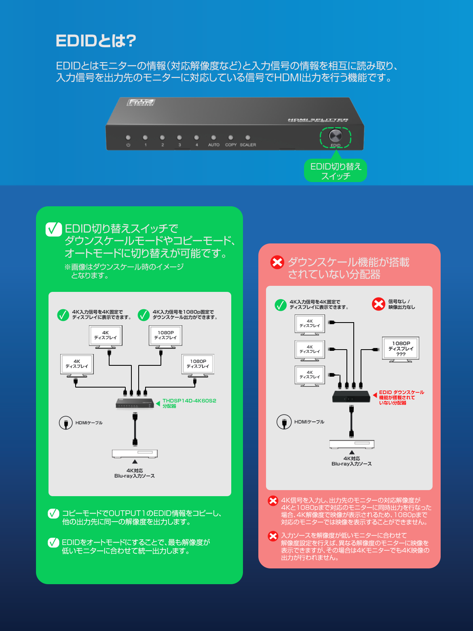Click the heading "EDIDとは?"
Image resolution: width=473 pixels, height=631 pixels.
(x=96, y=41)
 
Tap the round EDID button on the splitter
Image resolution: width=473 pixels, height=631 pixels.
(x=335, y=136)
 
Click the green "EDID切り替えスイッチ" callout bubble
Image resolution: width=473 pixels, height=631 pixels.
(x=336, y=171)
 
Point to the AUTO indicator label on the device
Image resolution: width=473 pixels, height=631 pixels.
(x=214, y=145)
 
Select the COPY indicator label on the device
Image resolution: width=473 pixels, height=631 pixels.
(x=231, y=145)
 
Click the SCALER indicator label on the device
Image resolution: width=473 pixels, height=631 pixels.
(x=248, y=145)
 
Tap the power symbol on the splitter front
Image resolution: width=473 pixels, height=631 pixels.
(x=128, y=145)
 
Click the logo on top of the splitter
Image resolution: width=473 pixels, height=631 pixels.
(x=141, y=102)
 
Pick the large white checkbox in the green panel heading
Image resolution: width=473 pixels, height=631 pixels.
(x=54, y=229)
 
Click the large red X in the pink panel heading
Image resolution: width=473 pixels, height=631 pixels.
(x=277, y=262)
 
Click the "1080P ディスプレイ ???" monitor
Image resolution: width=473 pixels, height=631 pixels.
(x=401, y=349)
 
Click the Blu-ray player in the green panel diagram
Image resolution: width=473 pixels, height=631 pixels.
(x=135, y=454)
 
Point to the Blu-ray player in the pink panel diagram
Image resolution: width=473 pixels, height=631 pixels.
(x=352, y=444)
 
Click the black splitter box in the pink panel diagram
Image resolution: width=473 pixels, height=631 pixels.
(x=351, y=396)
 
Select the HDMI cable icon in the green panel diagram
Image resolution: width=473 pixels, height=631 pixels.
(x=66, y=423)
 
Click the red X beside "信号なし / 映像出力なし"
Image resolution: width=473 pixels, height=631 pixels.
(x=378, y=304)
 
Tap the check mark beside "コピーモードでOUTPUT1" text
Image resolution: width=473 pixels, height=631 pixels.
(x=53, y=514)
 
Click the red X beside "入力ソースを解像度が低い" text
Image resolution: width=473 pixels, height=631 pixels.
(x=273, y=536)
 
